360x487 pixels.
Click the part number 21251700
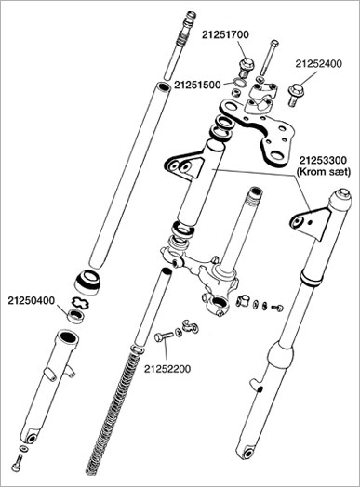pyautogui.click(x=225, y=34)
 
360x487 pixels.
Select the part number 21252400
pyautogui.click(x=318, y=64)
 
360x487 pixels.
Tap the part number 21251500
pyautogui.click(x=197, y=85)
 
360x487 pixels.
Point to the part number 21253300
pyautogui.click(x=323, y=161)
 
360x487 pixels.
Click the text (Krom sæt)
pyautogui.click(x=324, y=172)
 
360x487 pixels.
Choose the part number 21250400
pyautogui.click(x=31, y=300)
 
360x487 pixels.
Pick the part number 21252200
pyautogui.click(x=167, y=369)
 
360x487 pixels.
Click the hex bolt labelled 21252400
pyautogui.click(x=294, y=95)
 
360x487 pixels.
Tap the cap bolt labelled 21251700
pyautogui.click(x=247, y=68)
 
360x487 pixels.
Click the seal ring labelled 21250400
pyautogui.click(x=76, y=316)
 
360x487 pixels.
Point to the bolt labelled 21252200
pyautogui.click(x=164, y=336)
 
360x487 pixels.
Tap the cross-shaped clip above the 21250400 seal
pyautogui.click(x=81, y=302)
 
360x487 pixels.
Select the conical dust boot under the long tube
pyautogui.click(x=88, y=282)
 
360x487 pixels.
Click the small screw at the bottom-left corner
pyautogui.click(x=17, y=464)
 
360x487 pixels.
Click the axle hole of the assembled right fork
pyautogui.click(x=247, y=454)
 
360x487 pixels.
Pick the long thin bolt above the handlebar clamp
pyautogui.click(x=268, y=58)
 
